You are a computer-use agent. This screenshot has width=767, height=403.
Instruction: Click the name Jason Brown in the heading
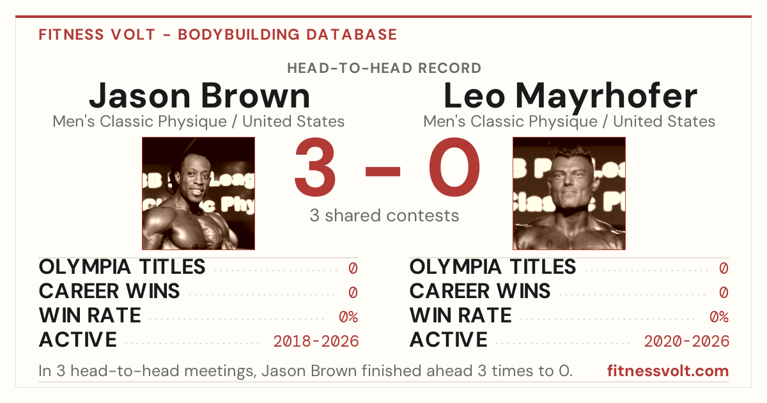[x=199, y=95]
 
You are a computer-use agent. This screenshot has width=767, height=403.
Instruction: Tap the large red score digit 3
[x=315, y=166]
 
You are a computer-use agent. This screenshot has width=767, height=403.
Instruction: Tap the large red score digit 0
[x=454, y=166]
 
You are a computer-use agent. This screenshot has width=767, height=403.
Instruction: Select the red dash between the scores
[x=383, y=171]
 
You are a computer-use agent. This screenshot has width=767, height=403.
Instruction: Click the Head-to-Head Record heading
[x=384, y=68]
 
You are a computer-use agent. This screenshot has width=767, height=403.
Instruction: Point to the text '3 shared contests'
[x=384, y=216]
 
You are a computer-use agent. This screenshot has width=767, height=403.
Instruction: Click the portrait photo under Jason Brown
[x=199, y=193]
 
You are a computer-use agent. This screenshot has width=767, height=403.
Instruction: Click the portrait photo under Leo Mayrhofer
[x=569, y=193]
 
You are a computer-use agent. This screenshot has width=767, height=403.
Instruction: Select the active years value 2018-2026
[x=316, y=342]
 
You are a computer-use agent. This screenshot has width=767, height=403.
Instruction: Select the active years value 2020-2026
[x=686, y=342]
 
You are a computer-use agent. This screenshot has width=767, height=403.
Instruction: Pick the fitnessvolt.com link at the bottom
[x=668, y=371]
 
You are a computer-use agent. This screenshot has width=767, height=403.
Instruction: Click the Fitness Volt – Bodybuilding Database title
[x=218, y=35]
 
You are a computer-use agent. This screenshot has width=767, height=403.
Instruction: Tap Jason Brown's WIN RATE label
[x=89, y=315]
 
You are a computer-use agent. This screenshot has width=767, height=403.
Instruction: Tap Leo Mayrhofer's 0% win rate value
[x=719, y=317]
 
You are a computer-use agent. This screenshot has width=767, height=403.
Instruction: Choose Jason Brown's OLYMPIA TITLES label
[x=122, y=267]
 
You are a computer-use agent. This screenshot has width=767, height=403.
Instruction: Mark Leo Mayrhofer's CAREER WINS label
[x=480, y=291]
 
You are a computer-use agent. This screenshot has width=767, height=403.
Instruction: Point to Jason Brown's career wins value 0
[x=353, y=293]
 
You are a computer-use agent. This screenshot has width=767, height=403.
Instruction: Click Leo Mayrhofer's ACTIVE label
[x=449, y=340]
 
